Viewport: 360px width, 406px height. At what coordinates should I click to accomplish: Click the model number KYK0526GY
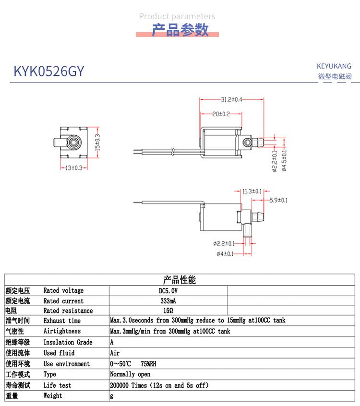tap(48, 72)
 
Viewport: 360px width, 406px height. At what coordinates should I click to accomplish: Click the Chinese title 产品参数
tap(180, 30)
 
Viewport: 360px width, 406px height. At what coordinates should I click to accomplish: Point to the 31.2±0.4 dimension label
tap(231, 99)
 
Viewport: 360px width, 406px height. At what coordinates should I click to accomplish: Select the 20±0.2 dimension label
tap(221, 114)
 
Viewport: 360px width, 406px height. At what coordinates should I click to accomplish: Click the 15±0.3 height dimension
tap(97, 143)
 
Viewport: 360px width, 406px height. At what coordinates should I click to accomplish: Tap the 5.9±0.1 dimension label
tap(279, 200)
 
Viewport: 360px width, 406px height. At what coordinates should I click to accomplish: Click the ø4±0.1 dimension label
tap(225, 253)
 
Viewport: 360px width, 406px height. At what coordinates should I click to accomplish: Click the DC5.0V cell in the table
tap(168, 290)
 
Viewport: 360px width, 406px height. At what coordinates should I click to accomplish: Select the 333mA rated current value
tap(168, 301)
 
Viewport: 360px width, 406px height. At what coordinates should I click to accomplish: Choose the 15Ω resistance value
tap(168, 310)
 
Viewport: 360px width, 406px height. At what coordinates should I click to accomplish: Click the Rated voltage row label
tap(63, 290)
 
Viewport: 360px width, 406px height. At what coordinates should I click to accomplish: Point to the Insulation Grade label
tap(68, 342)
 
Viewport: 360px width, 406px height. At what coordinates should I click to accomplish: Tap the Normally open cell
tap(130, 374)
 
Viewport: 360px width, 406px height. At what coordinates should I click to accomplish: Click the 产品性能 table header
tap(180, 280)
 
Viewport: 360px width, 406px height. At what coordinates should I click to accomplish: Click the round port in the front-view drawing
tap(73, 143)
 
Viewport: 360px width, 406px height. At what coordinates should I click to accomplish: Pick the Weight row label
tap(53, 395)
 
